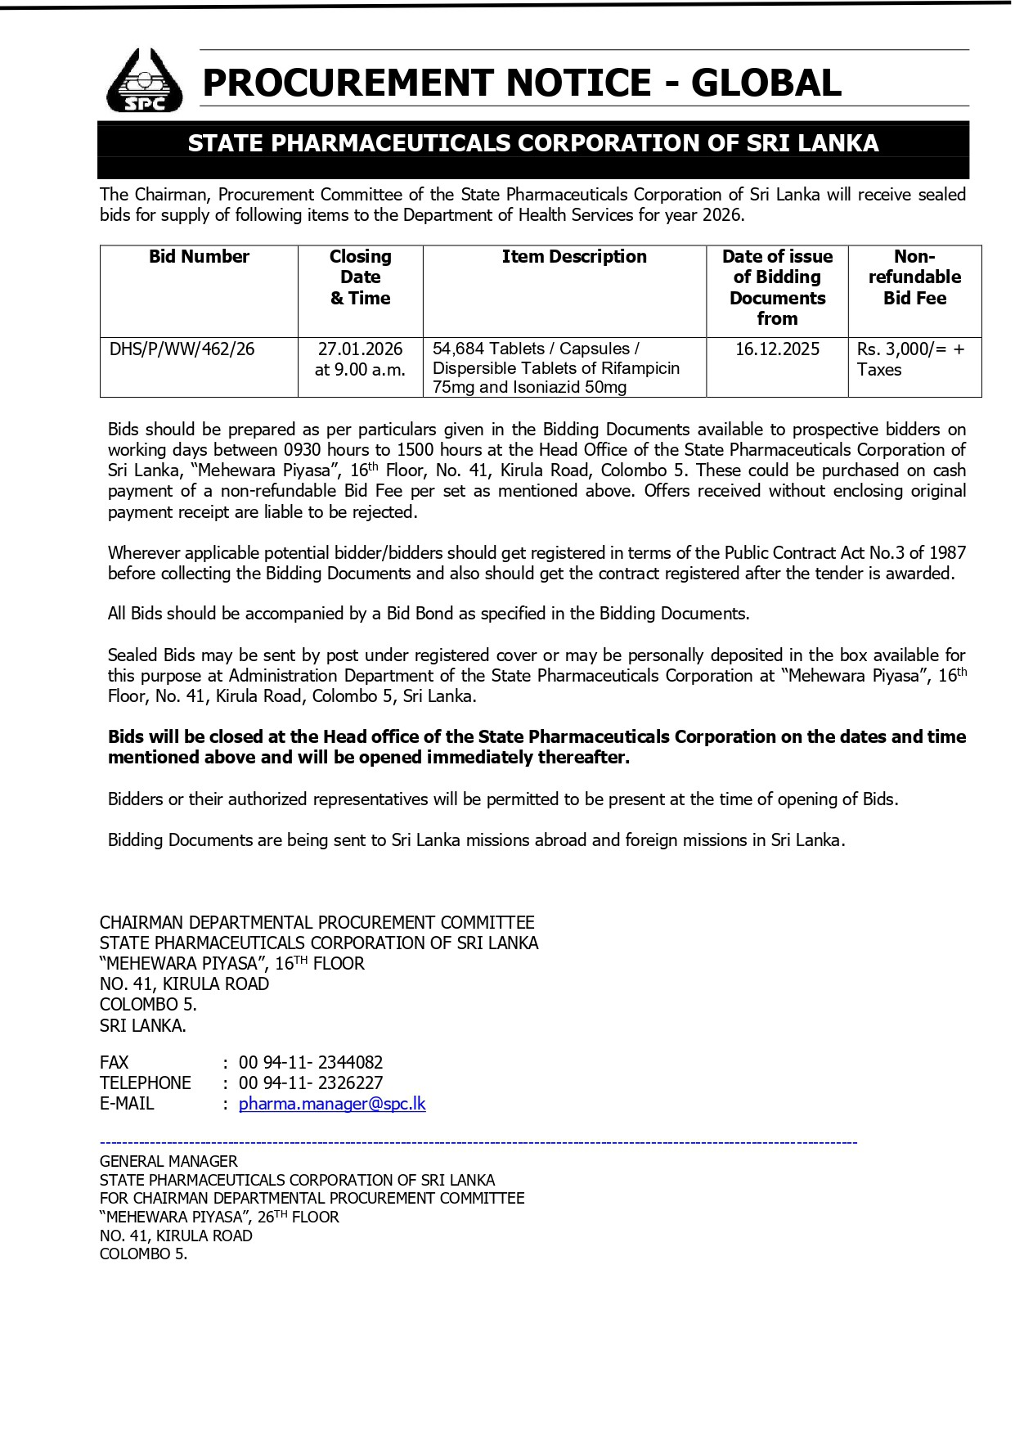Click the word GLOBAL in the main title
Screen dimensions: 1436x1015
[x=766, y=83]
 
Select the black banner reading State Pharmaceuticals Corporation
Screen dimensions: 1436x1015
[x=533, y=144]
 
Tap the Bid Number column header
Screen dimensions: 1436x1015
[x=199, y=257]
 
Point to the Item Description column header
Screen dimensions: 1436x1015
[x=574, y=257]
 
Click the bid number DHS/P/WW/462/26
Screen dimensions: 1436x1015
[x=182, y=349]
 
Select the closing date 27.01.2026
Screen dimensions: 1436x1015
[x=360, y=349]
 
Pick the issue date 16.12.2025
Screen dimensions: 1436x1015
[x=777, y=349]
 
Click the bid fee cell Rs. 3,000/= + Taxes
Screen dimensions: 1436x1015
[x=910, y=359]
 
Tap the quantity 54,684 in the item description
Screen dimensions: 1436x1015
[x=459, y=349]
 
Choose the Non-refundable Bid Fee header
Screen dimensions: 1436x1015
[x=914, y=277]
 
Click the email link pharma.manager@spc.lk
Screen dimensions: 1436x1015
[x=332, y=1104]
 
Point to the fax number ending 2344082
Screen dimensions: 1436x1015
[x=311, y=1063]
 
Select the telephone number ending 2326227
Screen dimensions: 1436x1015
[x=311, y=1083]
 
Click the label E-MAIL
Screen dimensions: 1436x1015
[x=127, y=1104]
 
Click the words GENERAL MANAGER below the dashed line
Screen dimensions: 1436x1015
[x=168, y=1161]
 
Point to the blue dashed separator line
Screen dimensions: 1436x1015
[x=478, y=1142]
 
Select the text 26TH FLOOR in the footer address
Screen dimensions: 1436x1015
[x=298, y=1218]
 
